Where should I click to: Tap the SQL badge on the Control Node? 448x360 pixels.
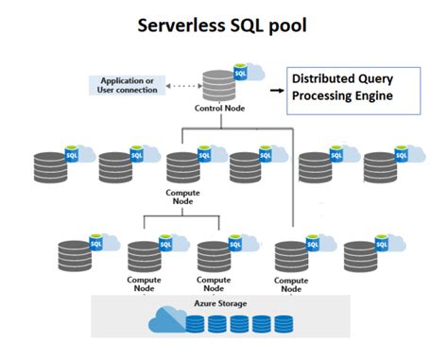point(240,73)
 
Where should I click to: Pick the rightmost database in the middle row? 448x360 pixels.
point(383,164)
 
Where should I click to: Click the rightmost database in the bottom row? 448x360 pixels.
point(361,255)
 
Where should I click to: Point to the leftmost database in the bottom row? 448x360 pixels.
point(75,255)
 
